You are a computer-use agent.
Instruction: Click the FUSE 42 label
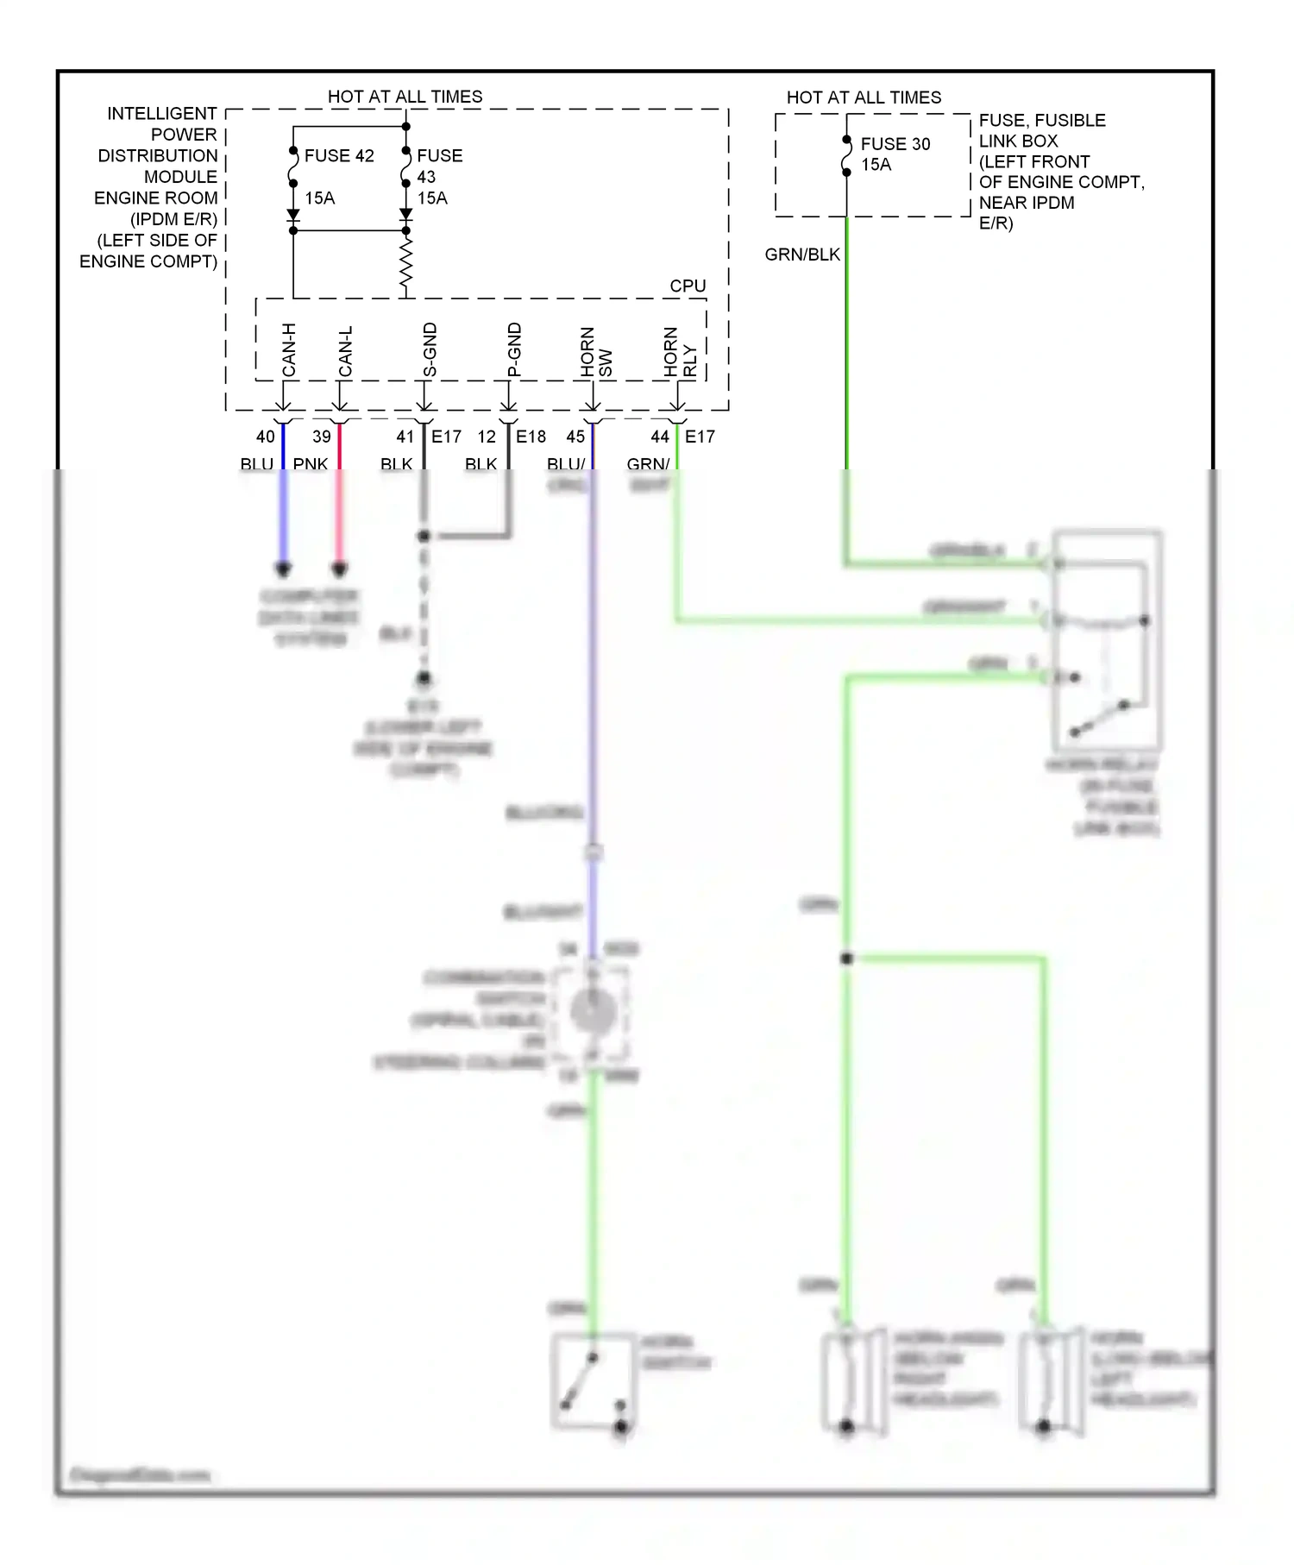339,156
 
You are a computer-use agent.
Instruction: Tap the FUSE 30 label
895,144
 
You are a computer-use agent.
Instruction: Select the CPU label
688,286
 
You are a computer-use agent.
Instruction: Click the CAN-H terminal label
289,350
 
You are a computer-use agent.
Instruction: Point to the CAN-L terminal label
345,351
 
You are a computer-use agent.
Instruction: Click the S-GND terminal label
430,350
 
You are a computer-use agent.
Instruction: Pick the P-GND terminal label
514,350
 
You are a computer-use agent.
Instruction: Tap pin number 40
266,437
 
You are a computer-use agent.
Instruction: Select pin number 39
322,437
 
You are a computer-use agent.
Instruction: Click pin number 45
575,437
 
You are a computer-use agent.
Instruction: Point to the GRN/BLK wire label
802,255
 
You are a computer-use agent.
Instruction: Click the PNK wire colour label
310,464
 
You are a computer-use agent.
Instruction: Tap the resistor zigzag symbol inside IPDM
406,265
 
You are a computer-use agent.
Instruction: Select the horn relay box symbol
1108,640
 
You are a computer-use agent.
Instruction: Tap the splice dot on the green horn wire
846,958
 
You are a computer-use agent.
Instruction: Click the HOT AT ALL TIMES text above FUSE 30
864,97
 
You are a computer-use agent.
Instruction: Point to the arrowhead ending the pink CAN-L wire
340,569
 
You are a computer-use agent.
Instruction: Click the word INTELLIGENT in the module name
162,114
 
